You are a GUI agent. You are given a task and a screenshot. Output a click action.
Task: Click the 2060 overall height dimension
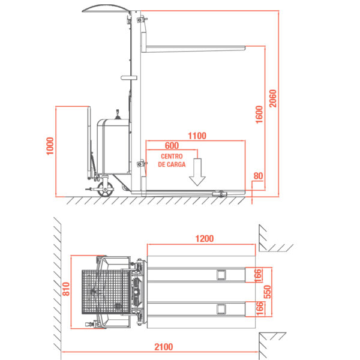pos(273,98)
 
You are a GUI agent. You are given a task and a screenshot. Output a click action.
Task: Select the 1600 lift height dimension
pos(259,115)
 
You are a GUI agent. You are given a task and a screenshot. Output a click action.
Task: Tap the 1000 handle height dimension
pos(50,146)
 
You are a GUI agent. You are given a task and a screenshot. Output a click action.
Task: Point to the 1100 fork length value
pos(197,136)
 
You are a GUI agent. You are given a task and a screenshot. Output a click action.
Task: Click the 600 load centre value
pos(172,146)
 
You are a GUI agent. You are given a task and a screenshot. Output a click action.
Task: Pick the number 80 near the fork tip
pos(258,176)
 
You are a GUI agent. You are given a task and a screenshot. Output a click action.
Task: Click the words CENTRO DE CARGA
pos(172,160)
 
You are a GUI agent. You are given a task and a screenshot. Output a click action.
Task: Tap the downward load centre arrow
pos(197,172)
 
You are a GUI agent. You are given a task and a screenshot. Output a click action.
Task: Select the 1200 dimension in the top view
pos(205,239)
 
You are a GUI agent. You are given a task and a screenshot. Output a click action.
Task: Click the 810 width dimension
pos(66,289)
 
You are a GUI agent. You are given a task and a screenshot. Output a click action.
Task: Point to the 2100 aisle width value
pos(163,347)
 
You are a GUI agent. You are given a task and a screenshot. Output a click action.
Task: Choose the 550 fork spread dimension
pos(268,292)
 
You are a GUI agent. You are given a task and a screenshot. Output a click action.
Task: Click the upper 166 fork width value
pos(258,275)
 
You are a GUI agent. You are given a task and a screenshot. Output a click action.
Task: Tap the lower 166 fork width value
pos(259,308)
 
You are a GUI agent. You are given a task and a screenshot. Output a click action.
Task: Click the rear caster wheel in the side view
pos(105,190)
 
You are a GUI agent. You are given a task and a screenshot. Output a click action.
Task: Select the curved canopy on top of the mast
pos(106,8)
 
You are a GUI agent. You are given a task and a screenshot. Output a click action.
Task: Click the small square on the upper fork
pos(221,275)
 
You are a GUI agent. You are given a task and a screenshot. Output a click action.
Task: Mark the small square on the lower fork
pos(221,309)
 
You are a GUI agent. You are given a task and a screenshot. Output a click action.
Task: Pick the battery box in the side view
pos(113,146)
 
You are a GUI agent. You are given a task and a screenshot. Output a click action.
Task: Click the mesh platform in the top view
pos(106,292)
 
